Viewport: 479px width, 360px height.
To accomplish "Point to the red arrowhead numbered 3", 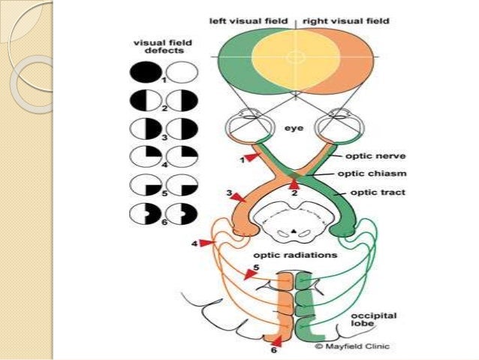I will [239, 197].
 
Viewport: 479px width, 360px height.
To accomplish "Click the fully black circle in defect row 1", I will [141, 73].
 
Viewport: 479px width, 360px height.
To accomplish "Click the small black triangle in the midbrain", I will [295, 227].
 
